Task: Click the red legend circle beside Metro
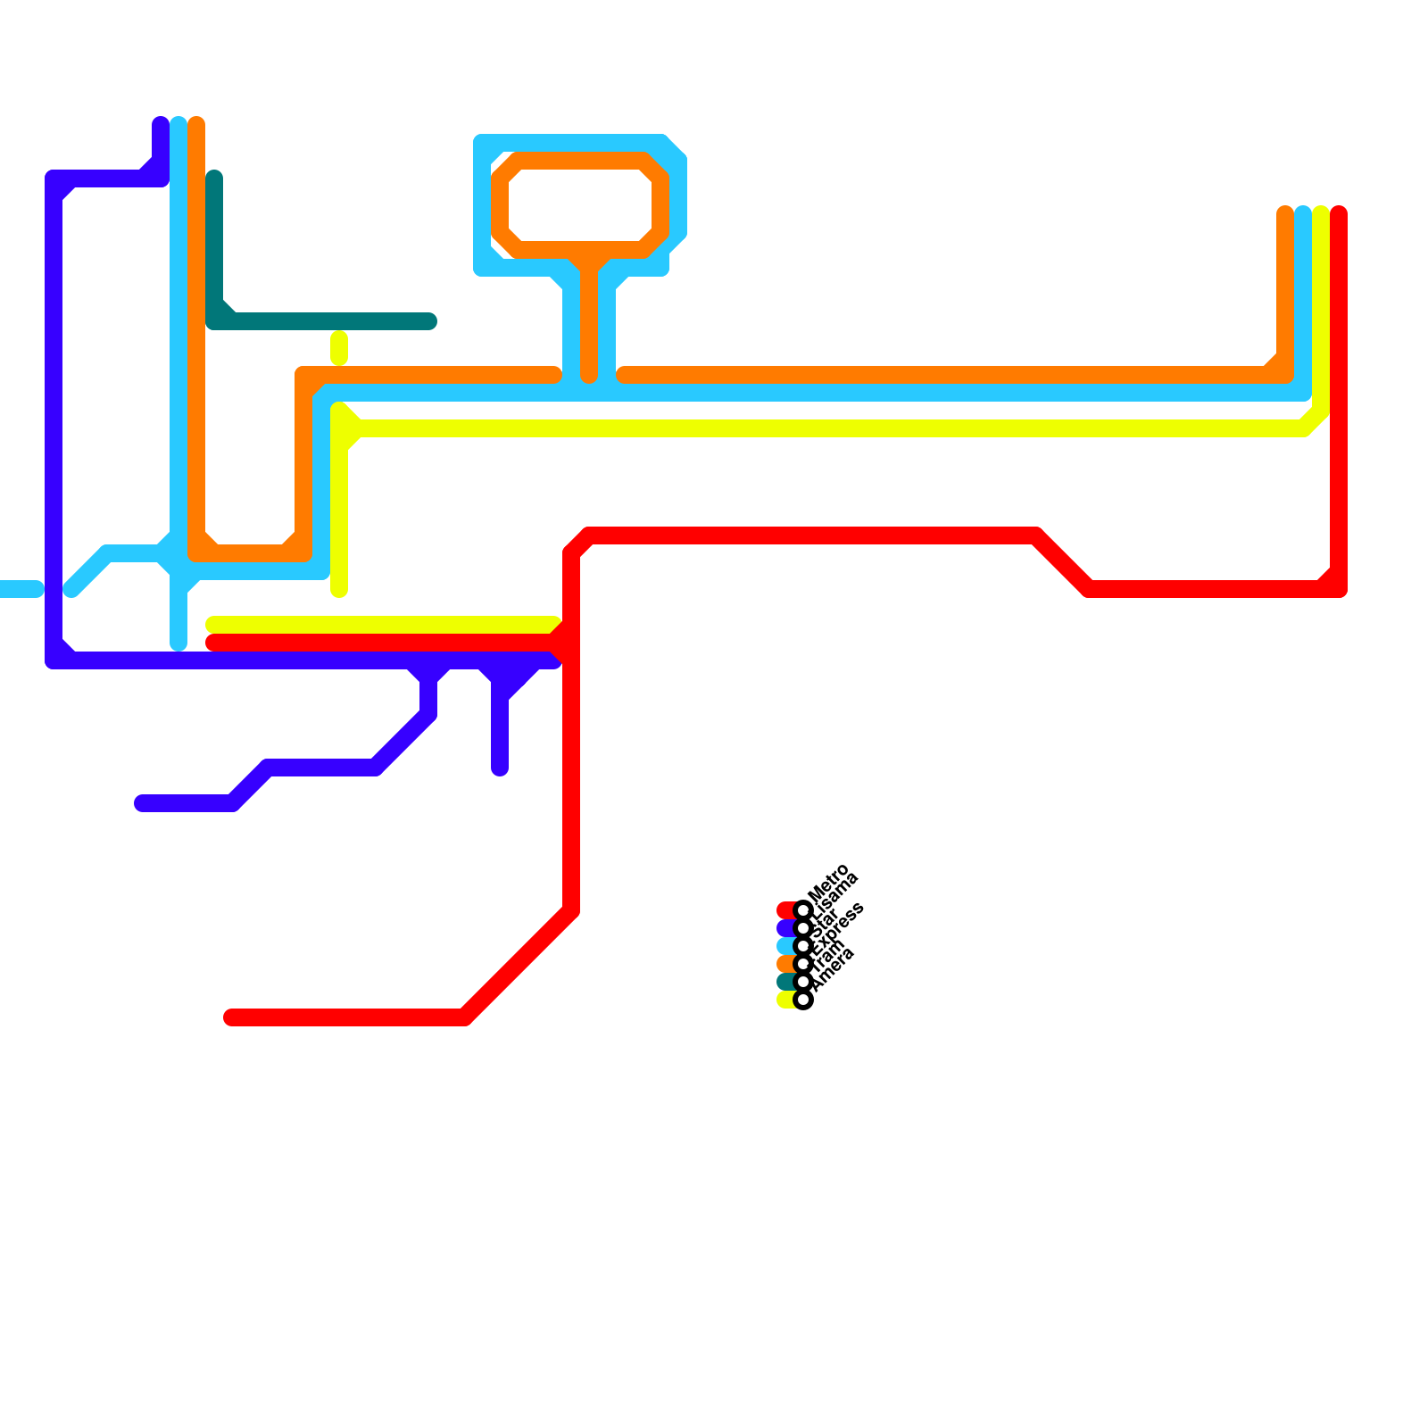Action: coord(803,910)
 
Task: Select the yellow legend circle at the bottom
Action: coord(803,1000)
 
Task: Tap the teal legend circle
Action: coord(803,982)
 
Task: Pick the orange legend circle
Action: coord(803,964)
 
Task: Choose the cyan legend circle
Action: coord(803,946)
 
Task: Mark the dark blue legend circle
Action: coord(803,928)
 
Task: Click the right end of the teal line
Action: coord(428,321)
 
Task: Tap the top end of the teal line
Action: coord(214,178)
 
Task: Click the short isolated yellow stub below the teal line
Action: coord(339,348)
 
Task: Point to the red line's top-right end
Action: coord(1339,214)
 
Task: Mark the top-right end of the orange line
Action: coord(1285,214)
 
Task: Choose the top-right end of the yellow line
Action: coord(1321,214)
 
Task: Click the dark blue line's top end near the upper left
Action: coord(161,125)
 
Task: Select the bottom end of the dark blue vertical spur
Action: coord(500,768)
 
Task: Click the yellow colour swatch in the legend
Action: coord(785,1000)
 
